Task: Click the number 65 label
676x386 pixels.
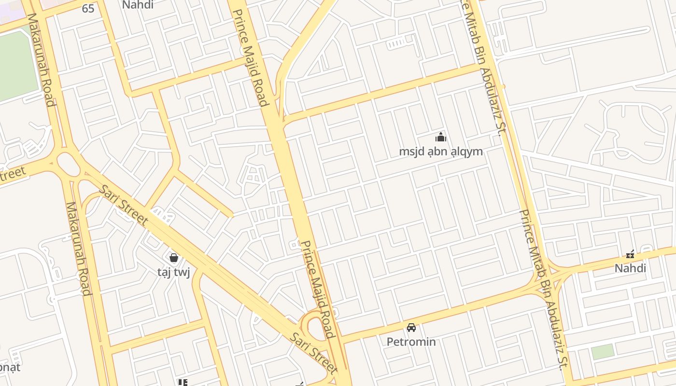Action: point(88,8)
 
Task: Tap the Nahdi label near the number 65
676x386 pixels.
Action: point(138,5)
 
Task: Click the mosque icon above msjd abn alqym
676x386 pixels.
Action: point(440,137)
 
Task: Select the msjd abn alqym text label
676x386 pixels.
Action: point(440,152)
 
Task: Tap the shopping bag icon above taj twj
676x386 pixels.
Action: point(174,258)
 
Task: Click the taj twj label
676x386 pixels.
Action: point(174,272)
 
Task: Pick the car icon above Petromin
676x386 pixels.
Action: point(411,328)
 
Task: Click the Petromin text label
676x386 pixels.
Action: point(411,342)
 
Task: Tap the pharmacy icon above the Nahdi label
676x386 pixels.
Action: point(630,254)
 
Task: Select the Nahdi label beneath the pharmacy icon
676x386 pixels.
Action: point(630,268)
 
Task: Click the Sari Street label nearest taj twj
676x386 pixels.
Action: point(123,205)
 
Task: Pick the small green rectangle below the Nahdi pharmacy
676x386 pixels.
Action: point(603,352)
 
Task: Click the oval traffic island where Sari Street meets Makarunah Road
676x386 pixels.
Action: point(69,164)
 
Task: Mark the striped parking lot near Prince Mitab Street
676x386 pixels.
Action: point(398,43)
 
